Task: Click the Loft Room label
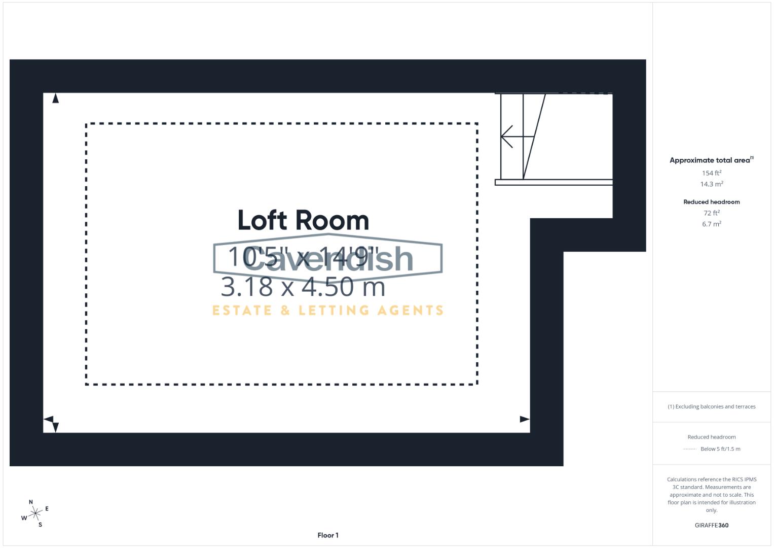click(x=303, y=221)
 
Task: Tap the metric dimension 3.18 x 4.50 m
click(x=303, y=287)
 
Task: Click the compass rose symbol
click(x=35, y=514)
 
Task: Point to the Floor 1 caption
click(x=328, y=535)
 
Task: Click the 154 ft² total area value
click(x=711, y=173)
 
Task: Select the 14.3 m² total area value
click(x=711, y=184)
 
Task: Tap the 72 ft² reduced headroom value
click(x=711, y=213)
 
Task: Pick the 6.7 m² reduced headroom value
click(x=711, y=224)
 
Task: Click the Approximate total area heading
click(x=711, y=160)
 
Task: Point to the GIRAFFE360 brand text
click(x=711, y=525)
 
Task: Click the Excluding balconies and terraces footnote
click(x=711, y=406)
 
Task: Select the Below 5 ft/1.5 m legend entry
click(x=720, y=449)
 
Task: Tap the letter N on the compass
click(x=31, y=502)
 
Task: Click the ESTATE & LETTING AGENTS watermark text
click(x=327, y=310)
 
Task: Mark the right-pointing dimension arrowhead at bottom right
click(x=525, y=419)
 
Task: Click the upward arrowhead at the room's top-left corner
click(x=55, y=98)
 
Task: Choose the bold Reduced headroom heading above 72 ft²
click(x=711, y=202)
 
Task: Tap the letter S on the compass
click(x=40, y=525)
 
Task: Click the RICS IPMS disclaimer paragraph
click(x=711, y=495)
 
